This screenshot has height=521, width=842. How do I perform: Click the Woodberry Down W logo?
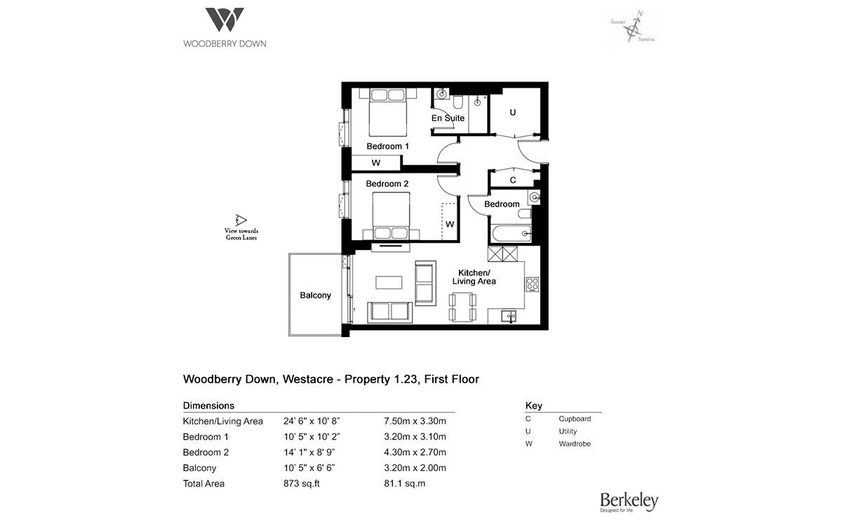[225, 20]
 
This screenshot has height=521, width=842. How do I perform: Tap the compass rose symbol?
[635, 29]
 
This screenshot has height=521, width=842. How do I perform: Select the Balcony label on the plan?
[315, 295]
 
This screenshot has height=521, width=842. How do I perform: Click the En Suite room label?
[448, 118]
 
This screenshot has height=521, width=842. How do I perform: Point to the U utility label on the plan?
[512, 112]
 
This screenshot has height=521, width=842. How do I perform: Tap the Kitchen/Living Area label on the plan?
[477, 277]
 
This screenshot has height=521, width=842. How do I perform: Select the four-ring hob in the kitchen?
[532, 284]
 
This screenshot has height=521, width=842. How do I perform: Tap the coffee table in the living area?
[390, 282]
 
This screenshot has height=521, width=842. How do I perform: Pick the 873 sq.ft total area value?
[298, 484]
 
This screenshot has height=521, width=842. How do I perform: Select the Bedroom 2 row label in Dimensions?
[206, 453]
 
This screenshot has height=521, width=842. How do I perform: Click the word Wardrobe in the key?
[575, 444]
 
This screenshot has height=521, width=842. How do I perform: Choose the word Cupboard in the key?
[575, 418]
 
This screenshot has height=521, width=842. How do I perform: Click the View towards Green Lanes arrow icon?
[241, 219]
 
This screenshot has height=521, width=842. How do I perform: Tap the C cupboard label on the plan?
[513, 180]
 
